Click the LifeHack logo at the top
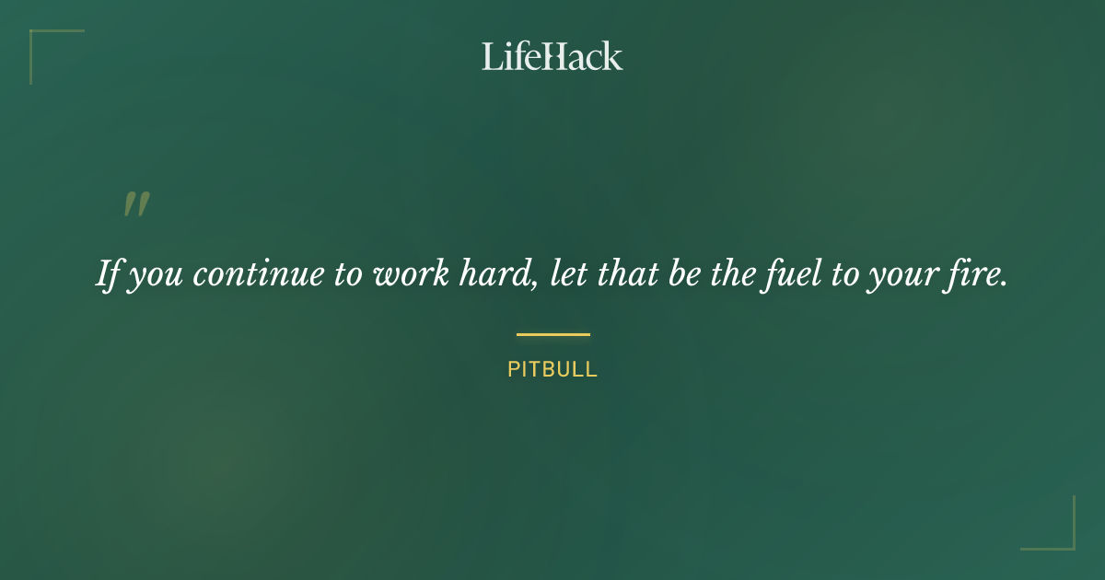[x=552, y=56]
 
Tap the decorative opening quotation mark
[x=136, y=204]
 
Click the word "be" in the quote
[x=684, y=275]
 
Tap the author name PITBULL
[x=552, y=370]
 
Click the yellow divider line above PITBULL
[x=552, y=334]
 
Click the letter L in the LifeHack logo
[x=491, y=56]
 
